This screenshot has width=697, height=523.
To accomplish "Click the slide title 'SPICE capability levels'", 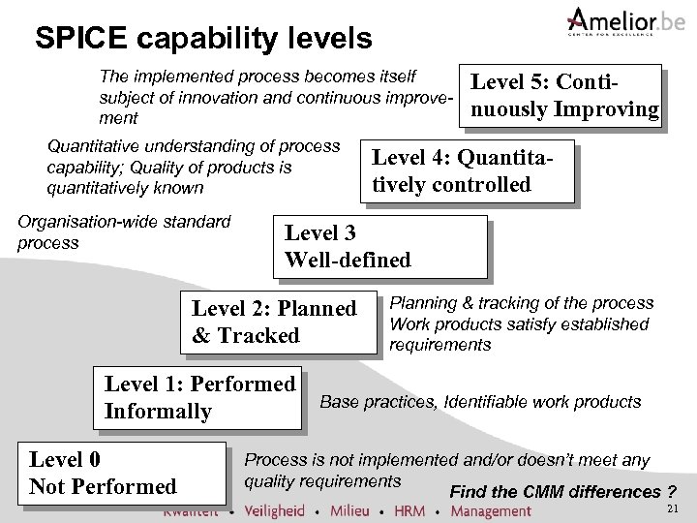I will click(202, 39).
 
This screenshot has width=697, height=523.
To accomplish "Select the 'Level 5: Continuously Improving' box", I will click(563, 95).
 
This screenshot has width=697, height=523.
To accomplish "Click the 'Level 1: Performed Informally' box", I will click(199, 397).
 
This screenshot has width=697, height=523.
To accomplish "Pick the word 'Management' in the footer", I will click(491, 510).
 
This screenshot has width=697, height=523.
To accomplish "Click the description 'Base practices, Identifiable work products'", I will click(480, 401).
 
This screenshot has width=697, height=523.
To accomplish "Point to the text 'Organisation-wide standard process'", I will click(125, 231).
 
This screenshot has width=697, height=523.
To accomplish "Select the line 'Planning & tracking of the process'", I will click(521, 303).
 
